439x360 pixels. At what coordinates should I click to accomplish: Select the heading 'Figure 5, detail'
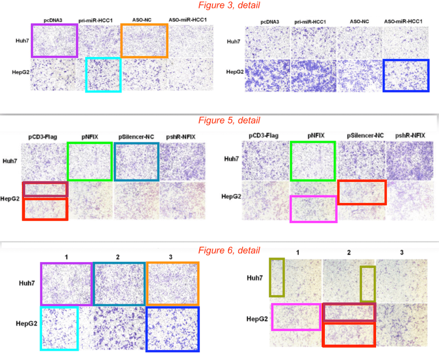tap(229, 120)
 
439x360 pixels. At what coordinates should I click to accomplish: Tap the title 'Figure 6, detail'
tap(229, 250)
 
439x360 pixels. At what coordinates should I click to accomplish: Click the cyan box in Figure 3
tap(103, 75)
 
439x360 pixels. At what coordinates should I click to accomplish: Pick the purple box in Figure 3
tap(54, 40)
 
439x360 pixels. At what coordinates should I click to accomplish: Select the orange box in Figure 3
tap(144, 40)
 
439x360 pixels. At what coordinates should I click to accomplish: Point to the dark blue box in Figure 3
tap(406, 76)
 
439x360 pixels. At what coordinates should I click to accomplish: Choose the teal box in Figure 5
tap(137, 161)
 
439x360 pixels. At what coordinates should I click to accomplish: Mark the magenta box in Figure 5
tap(314, 209)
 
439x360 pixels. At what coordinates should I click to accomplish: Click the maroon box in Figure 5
tap(45, 189)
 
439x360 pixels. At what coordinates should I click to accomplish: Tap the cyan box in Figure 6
tap(59, 328)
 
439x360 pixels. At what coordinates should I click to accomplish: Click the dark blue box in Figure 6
tap(173, 328)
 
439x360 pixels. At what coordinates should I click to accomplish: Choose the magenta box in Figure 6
tap(296, 317)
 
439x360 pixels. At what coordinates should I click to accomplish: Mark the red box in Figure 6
tap(349, 334)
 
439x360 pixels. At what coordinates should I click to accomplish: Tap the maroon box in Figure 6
tap(349, 312)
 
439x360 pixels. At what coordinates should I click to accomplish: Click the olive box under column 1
tap(277, 278)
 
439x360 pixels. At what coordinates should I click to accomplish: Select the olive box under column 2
tap(367, 284)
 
